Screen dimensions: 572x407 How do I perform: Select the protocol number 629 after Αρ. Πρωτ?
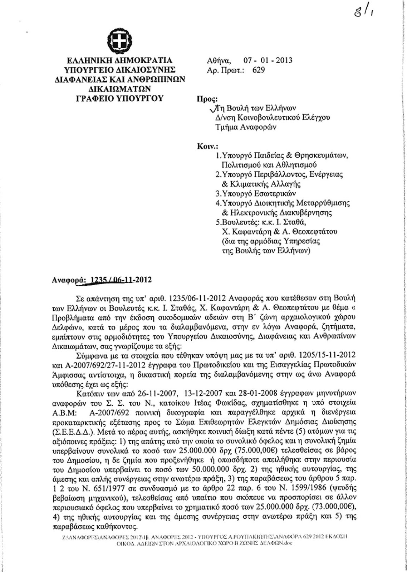pyautogui.click(x=259, y=70)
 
